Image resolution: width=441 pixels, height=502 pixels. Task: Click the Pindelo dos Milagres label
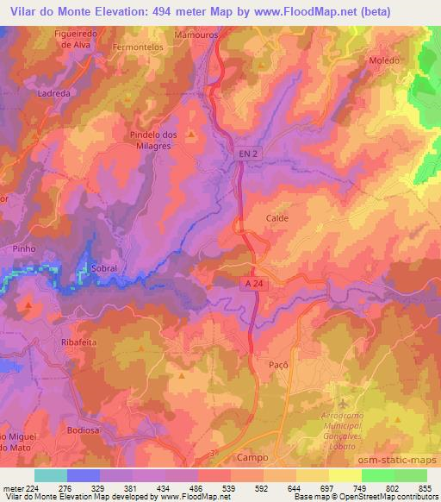coord(152,140)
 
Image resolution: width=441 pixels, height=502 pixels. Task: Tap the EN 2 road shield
coord(246,154)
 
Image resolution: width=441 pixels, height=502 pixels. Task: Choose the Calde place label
coord(276,218)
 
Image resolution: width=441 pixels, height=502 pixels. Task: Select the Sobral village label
coord(102,268)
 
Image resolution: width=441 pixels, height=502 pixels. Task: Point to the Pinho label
coord(23,248)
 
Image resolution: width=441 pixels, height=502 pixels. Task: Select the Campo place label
coord(257,457)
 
